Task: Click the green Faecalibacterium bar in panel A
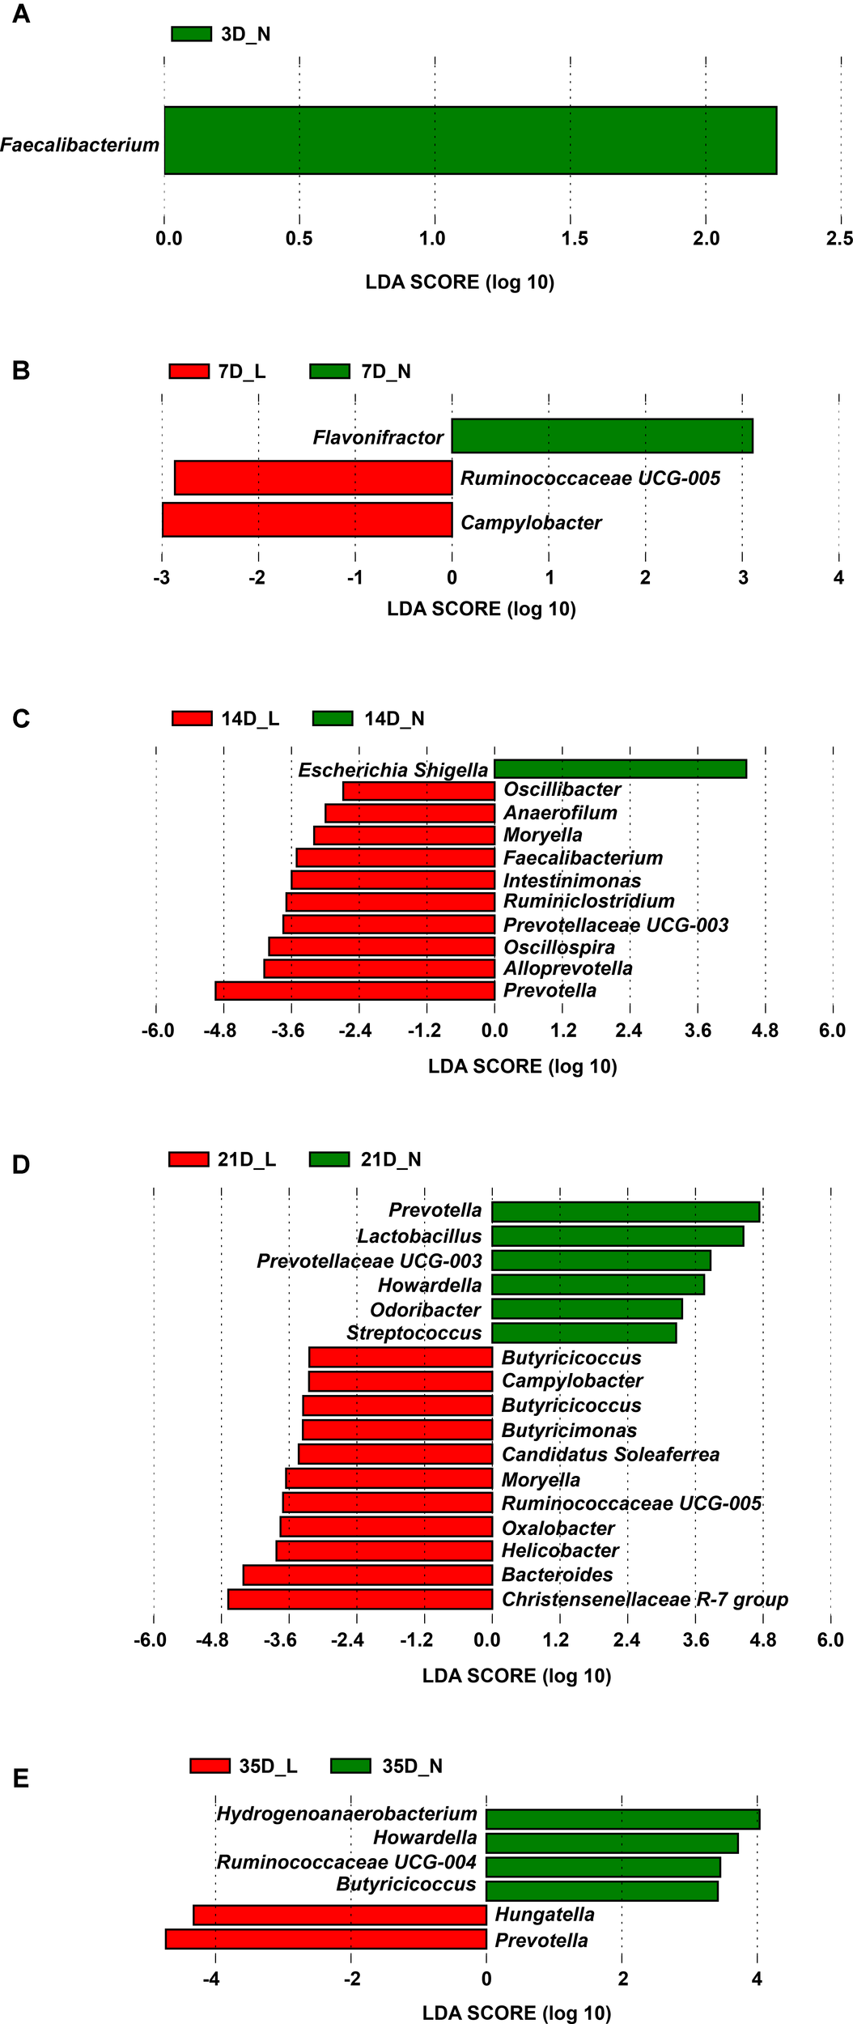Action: tap(469, 140)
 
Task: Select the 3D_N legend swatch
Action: tap(191, 34)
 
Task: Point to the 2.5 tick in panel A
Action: tap(839, 238)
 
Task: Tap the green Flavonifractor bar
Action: tap(601, 436)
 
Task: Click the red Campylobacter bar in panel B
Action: tap(307, 520)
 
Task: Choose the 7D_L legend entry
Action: tap(217, 372)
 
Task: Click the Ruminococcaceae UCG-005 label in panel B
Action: tap(590, 478)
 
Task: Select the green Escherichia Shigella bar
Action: tap(620, 768)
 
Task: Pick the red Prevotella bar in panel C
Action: tap(354, 990)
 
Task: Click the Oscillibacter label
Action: tap(562, 789)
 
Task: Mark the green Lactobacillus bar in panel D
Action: tap(617, 1236)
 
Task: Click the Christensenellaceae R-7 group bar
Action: tap(360, 1599)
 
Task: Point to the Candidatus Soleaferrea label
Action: tap(610, 1454)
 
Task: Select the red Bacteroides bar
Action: tap(367, 1575)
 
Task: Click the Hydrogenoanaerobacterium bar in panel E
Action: tap(622, 1818)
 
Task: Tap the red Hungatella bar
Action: tap(339, 1915)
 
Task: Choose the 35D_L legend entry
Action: tap(244, 1766)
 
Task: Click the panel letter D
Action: tap(21, 1165)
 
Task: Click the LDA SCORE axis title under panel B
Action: tap(481, 609)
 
